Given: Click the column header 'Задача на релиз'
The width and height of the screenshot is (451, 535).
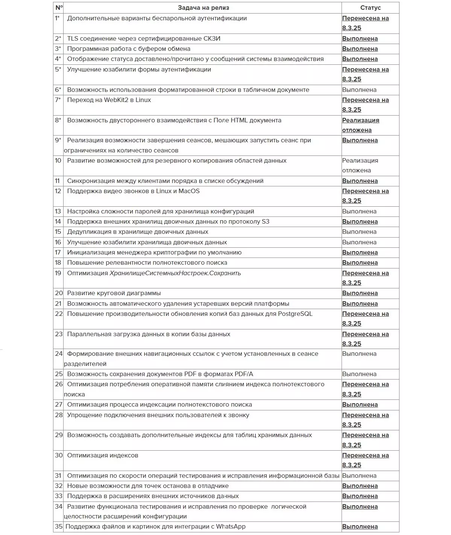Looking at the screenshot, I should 203,8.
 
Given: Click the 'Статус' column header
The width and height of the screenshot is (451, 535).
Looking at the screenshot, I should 370,8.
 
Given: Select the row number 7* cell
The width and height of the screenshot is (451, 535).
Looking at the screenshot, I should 58,100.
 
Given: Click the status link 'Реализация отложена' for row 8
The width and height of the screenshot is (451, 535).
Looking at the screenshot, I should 360,125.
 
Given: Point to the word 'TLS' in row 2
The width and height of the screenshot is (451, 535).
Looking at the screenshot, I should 73,38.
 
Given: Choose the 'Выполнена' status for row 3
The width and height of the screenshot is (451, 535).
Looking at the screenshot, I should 360,49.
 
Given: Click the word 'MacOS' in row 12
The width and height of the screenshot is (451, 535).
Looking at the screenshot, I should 189,191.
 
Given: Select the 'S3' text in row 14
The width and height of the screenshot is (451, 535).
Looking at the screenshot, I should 266,222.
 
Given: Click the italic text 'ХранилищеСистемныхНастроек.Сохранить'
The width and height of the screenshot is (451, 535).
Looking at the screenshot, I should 175,273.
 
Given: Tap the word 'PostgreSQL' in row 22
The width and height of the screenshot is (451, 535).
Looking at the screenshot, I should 295,314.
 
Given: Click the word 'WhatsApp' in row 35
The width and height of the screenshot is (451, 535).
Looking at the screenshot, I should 231,527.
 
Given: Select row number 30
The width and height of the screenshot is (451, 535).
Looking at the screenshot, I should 59,456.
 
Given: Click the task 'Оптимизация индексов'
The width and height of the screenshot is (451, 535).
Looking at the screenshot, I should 103,456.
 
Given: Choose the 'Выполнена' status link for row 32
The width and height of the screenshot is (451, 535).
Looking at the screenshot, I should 360,486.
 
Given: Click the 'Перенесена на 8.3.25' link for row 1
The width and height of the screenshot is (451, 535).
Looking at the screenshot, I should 365,23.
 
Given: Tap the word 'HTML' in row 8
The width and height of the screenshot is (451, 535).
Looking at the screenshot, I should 239,120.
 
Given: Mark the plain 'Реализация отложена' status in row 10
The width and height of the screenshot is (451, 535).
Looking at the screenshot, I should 360,166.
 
